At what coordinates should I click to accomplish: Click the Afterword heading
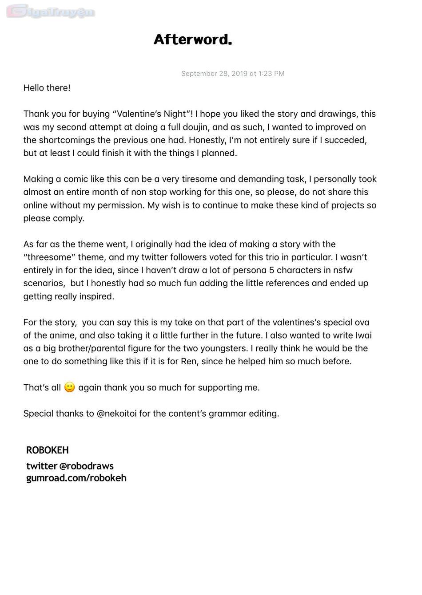click(193, 40)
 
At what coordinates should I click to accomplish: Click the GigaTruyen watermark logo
click(51, 12)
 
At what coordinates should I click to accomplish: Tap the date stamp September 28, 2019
click(233, 74)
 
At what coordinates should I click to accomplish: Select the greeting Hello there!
click(47, 88)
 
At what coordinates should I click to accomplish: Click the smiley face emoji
click(69, 387)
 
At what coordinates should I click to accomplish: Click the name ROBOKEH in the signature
click(48, 450)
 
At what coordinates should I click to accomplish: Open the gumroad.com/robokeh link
click(76, 478)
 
